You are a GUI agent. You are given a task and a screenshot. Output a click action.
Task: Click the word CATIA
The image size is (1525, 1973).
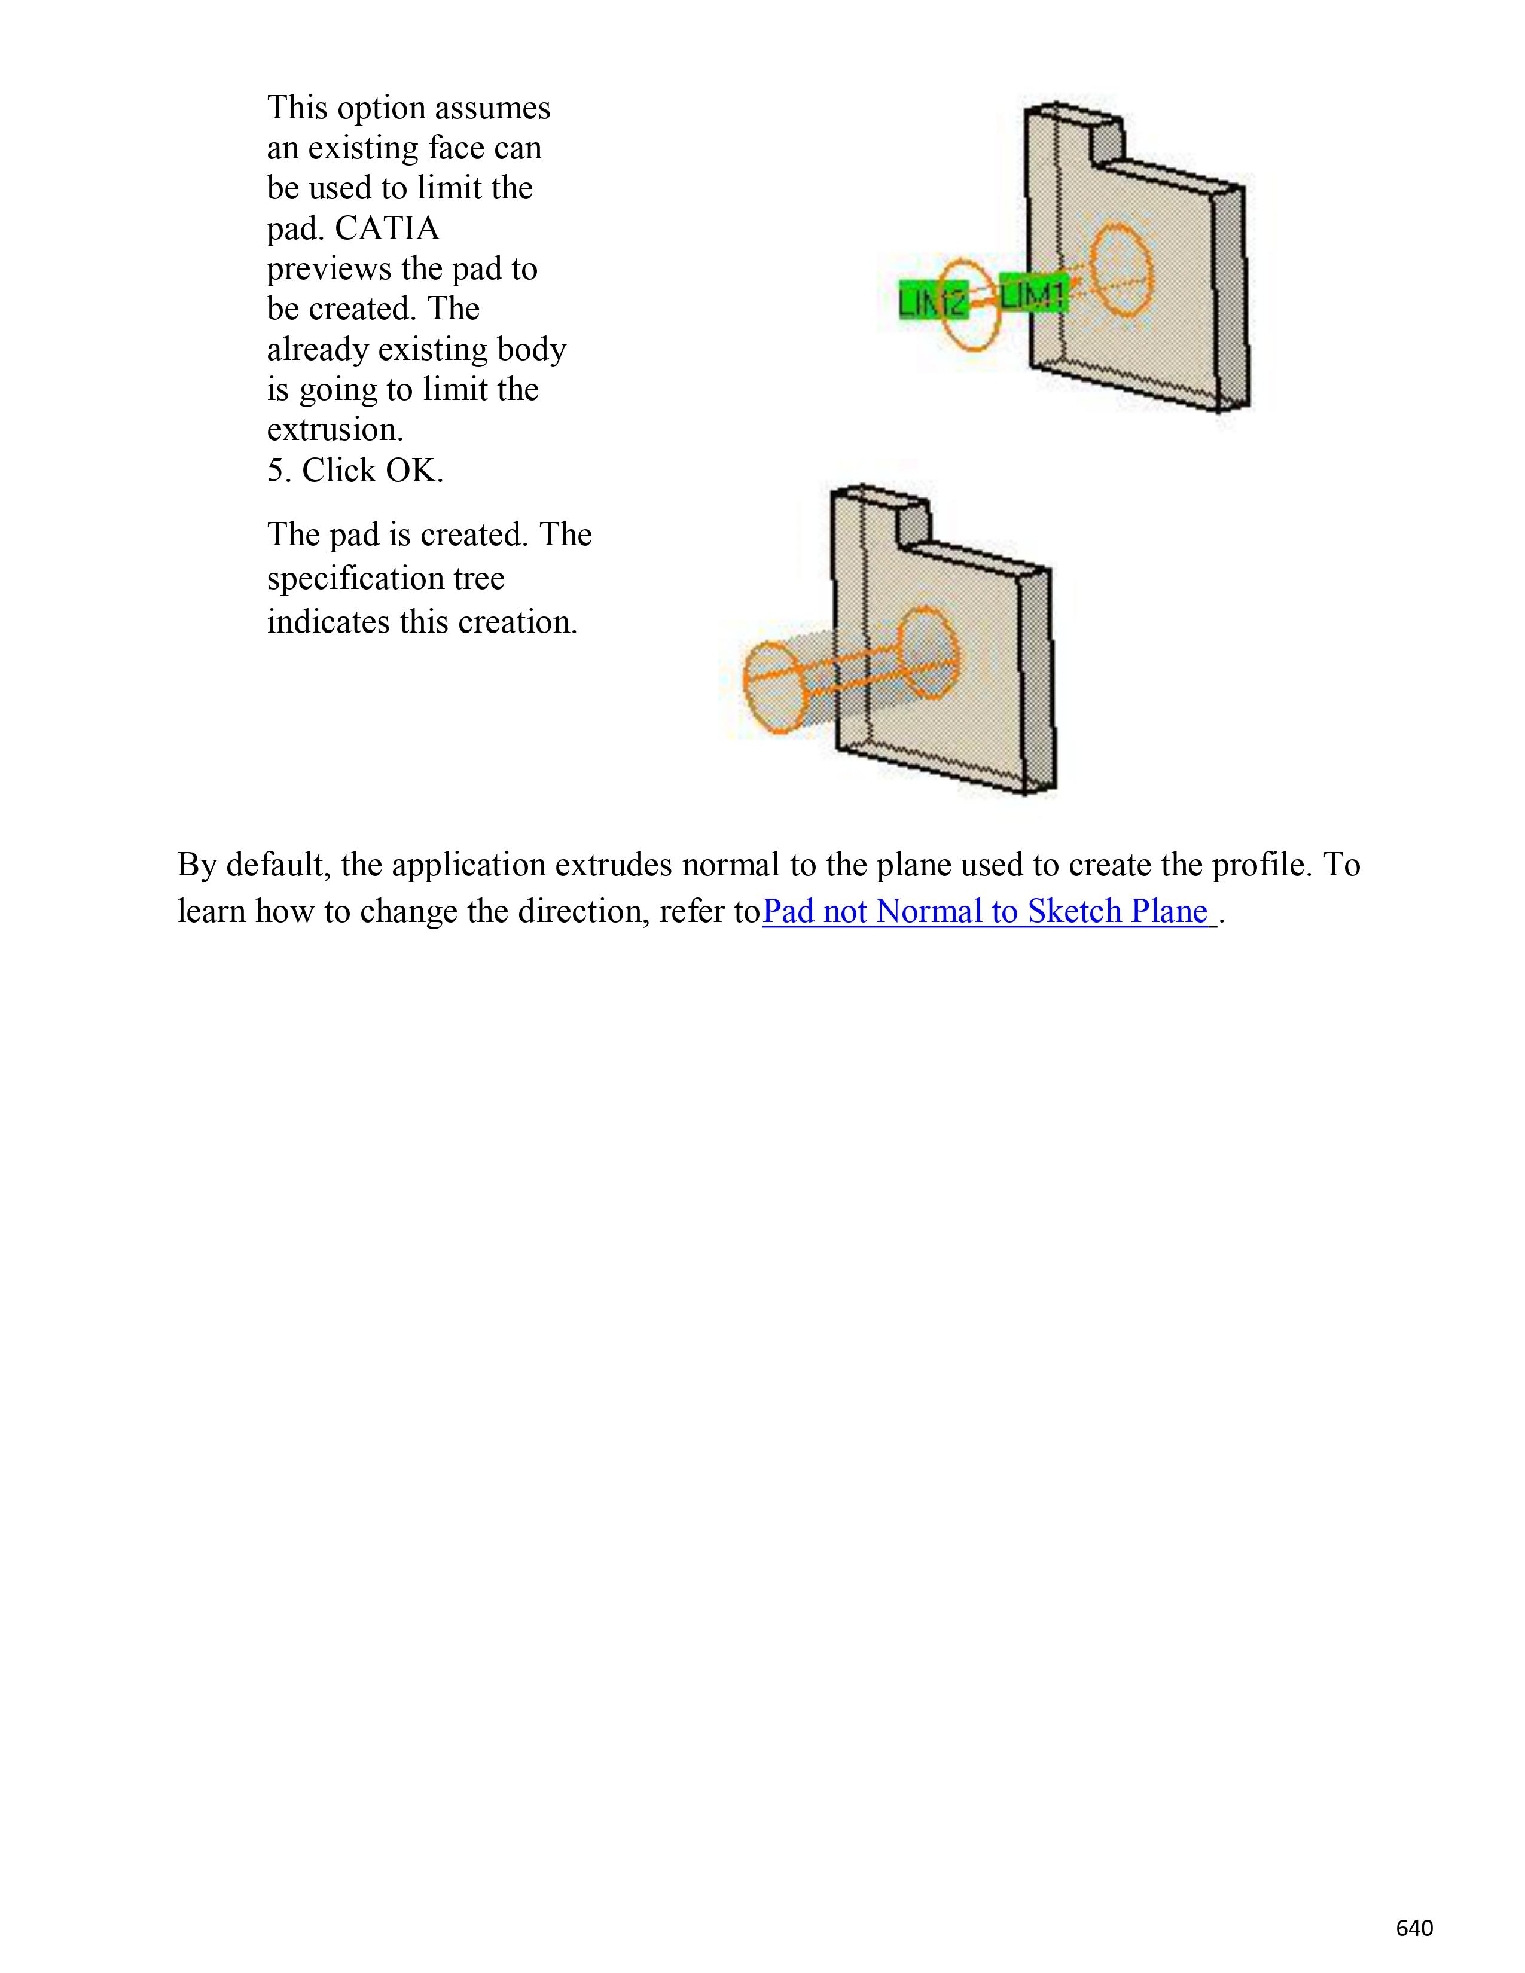[387, 228]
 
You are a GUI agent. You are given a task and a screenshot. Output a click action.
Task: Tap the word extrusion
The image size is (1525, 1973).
[334, 430]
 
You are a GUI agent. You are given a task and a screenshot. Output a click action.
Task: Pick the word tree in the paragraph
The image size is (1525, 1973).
[479, 578]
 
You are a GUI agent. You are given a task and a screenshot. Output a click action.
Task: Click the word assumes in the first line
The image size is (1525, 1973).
[492, 108]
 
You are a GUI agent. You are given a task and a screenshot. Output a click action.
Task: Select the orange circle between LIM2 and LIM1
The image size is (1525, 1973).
[970, 306]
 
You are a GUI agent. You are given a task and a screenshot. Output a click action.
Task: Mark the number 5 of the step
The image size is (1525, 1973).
[276, 471]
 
